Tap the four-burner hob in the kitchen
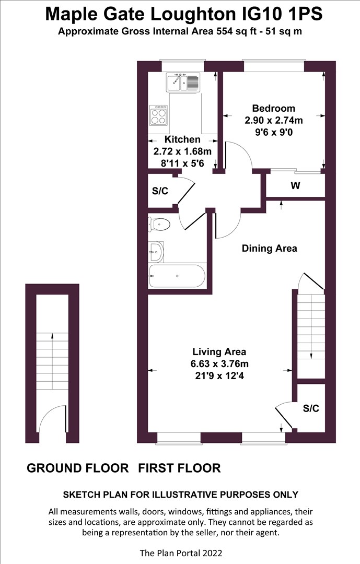pyautogui.click(x=159, y=115)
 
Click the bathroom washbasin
pyautogui.click(x=156, y=252)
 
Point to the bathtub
pyautogui.click(x=177, y=276)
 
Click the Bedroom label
pyautogui.click(x=273, y=109)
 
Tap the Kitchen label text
pyautogui.click(x=182, y=139)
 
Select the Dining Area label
pyautogui.click(x=269, y=249)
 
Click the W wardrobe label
pyautogui.click(x=296, y=185)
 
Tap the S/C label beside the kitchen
pyautogui.click(x=160, y=191)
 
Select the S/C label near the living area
pyautogui.click(x=311, y=408)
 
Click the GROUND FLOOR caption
pyautogui.click(x=77, y=468)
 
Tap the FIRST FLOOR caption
pyautogui.click(x=179, y=468)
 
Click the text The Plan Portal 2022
pyautogui.click(x=180, y=553)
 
